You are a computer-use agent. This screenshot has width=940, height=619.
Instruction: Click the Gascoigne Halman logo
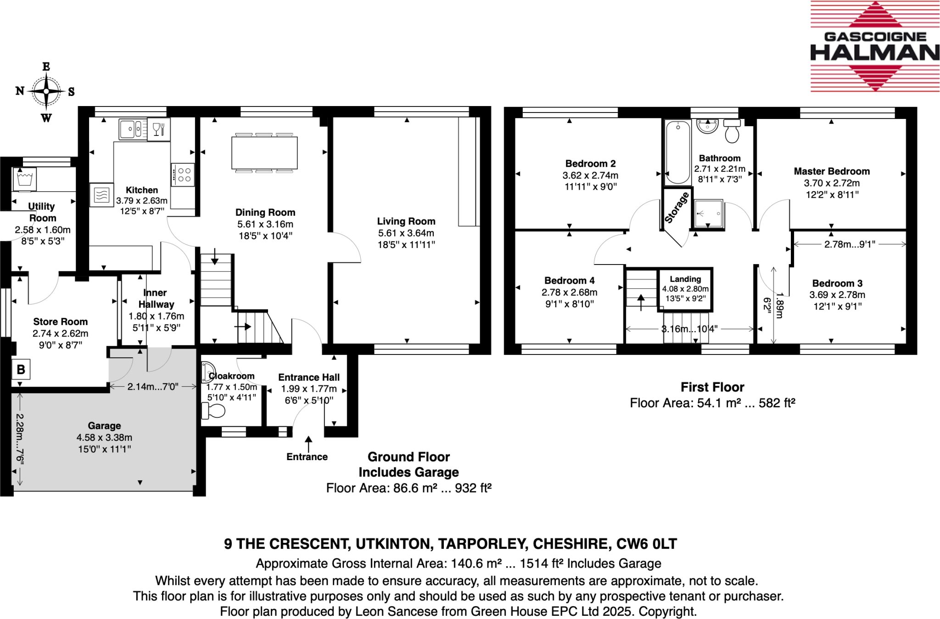(x=875, y=46)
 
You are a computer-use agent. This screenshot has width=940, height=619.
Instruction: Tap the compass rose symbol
(x=46, y=91)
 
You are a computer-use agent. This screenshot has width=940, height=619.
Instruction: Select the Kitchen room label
(x=142, y=190)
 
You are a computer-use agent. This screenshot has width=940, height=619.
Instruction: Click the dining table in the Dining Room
(x=264, y=153)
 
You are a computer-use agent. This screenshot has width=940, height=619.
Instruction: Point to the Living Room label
(x=406, y=221)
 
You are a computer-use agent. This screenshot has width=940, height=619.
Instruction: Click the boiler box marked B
(x=21, y=370)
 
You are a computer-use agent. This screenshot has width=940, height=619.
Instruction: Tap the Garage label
(x=105, y=426)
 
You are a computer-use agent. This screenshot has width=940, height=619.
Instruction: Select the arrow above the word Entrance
(x=308, y=444)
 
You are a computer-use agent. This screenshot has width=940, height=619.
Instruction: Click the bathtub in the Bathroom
(x=677, y=152)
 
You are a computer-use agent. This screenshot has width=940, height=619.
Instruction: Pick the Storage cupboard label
(x=677, y=208)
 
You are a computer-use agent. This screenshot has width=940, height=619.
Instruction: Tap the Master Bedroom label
(x=832, y=171)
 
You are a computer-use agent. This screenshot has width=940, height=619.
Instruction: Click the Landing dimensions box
(x=685, y=289)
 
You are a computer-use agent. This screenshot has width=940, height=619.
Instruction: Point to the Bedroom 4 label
(x=569, y=281)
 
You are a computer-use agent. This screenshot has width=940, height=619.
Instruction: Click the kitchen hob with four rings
(x=183, y=174)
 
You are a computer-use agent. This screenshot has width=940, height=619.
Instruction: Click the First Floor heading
(x=712, y=387)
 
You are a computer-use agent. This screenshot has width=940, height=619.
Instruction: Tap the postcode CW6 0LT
(x=646, y=544)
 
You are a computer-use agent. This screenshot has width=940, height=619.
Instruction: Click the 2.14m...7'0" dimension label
(x=153, y=387)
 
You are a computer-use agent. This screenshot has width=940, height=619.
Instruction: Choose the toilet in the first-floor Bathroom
(x=732, y=131)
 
